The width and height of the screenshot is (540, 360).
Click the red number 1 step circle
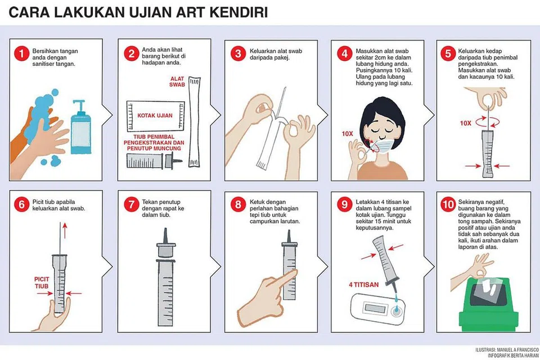click(x=21, y=54)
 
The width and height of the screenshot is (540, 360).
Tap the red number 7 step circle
click(x=131, y=205)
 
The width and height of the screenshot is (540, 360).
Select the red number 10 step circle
click(x=448, y=205)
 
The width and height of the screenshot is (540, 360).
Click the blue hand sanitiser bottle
click(x=81, y=127)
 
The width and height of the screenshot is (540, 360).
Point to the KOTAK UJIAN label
click(x=155, y=115)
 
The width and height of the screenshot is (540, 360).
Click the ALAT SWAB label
click(x=177, y=82)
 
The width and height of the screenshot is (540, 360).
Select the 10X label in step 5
click(x=465, y=123)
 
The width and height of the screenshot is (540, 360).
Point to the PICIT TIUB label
click(x=42, y=282)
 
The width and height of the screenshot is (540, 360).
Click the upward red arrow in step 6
click(x=64, y=230)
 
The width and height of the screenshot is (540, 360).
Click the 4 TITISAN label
click(x=364, y=285)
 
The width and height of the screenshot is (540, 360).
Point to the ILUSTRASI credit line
click(x=507, y=350)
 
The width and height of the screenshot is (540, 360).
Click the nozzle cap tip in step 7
click(x=165, y=230)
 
